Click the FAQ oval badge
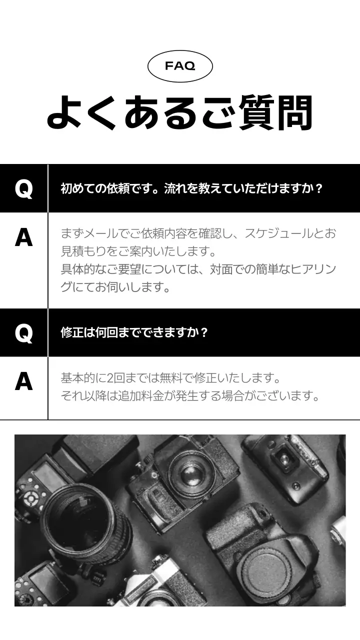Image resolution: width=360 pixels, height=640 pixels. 180,66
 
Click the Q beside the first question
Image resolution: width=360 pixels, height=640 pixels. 23,188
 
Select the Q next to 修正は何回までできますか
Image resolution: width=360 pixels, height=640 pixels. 23,332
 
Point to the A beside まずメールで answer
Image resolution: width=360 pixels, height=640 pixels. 23,237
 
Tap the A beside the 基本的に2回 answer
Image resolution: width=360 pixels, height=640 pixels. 23,381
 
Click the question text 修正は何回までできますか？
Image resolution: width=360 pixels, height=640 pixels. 134,332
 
